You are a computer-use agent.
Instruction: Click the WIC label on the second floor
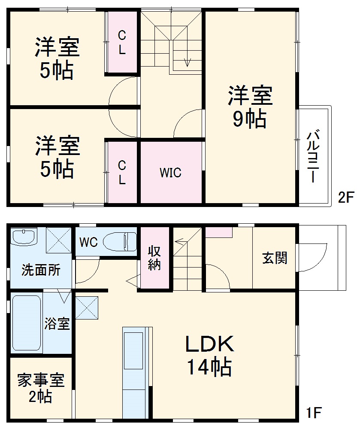tap(171, 173)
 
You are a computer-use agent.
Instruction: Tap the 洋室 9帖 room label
tap(250, 107)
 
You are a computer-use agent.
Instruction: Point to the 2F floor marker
tap(346, 198)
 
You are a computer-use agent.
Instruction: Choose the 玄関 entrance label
tap(275, 259)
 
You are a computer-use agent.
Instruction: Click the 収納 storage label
tap(154, 258)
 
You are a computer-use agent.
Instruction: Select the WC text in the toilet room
tap(88, 242)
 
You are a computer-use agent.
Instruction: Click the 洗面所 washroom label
tap(41, 271)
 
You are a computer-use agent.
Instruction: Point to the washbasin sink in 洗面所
tap(24, 237)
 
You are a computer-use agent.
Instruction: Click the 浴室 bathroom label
tap(57, 323)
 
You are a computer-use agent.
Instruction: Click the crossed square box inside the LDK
tap(87, 308)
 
